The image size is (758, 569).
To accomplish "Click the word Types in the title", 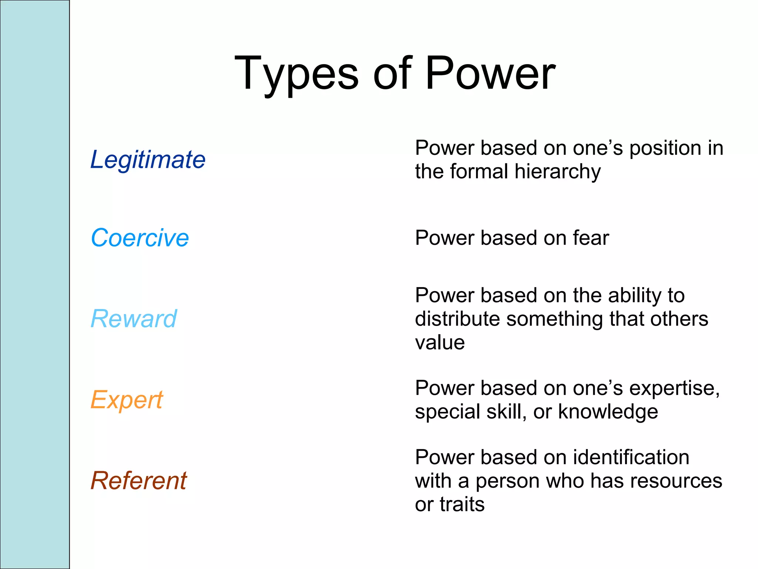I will point(296,74).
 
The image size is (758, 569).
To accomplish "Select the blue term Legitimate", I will point(148,160).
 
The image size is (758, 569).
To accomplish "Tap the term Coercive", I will point(140,238).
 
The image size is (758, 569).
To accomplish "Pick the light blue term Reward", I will point(134,319).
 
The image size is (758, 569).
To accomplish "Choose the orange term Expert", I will point(126,400).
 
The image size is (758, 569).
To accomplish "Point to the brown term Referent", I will point(138,481).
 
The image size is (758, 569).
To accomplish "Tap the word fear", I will point(591,238).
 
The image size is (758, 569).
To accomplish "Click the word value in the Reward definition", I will point(440,343).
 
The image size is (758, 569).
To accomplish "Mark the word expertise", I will point(674,389).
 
